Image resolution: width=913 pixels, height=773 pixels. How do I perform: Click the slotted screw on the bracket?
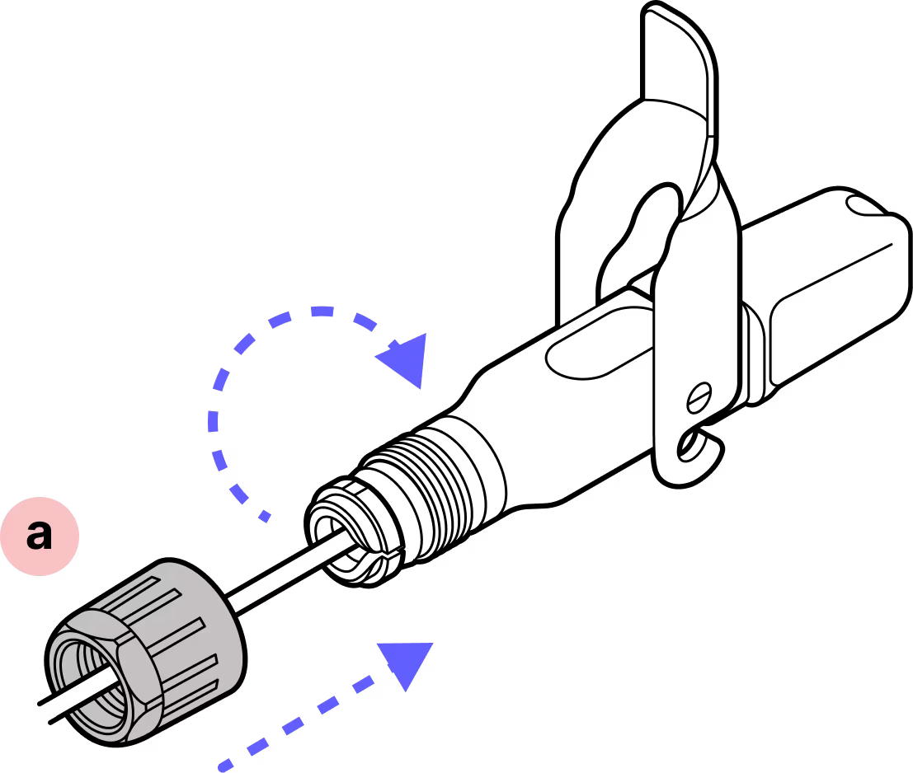click(699, 397)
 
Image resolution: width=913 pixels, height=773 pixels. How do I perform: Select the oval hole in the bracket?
click(652, 223)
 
